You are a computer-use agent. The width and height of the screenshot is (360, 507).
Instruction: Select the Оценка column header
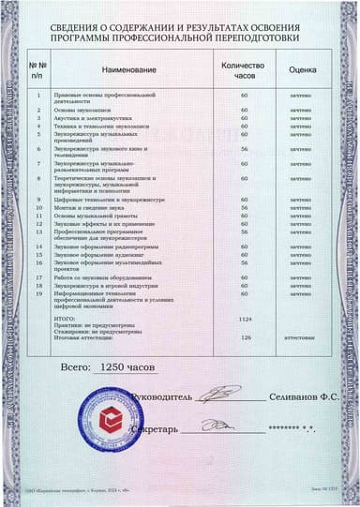pyautogui.click(x=302, y=69)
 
